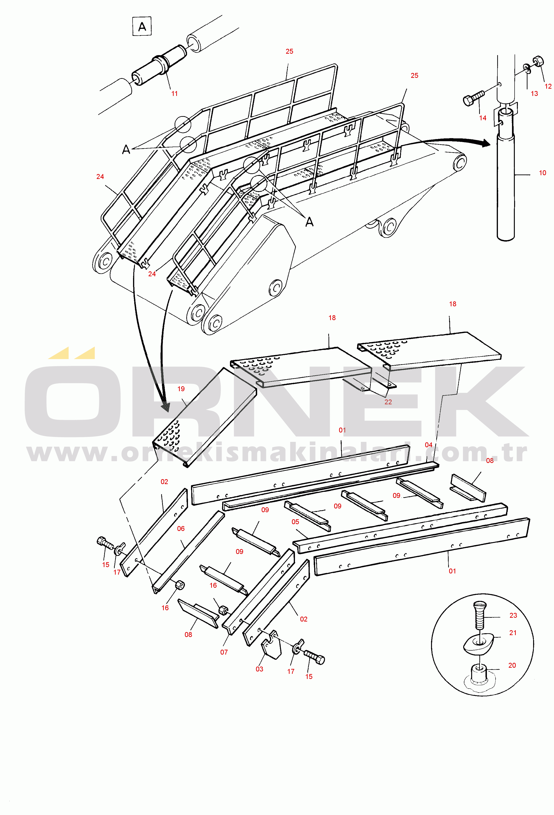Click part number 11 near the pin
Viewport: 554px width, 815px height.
coord(174,94)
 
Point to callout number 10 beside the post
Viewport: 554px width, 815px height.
coord(543,173)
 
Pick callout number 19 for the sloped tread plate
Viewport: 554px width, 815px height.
coord(181,389)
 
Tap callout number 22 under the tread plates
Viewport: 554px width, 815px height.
coord(388,402)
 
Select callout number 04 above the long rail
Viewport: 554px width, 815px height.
coord(429,445)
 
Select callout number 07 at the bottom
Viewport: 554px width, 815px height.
coord(224,652)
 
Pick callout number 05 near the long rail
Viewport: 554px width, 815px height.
coord(295,522)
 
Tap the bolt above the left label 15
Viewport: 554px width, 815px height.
coord(105,543)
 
